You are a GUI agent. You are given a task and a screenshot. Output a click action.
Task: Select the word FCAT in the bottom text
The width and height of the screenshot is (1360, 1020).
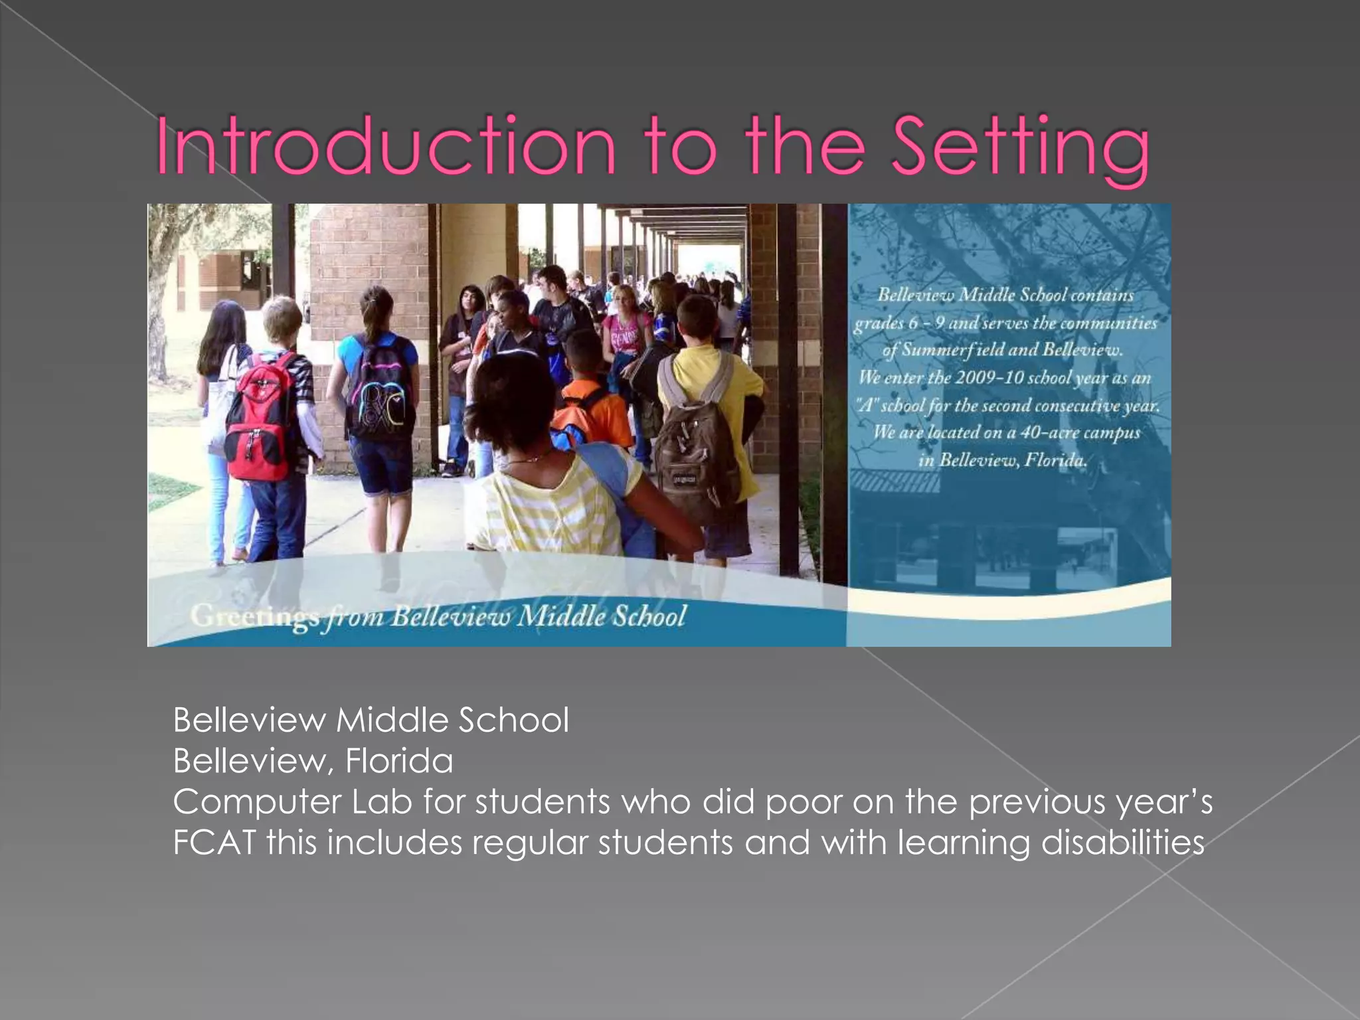(x=214, y=842)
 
